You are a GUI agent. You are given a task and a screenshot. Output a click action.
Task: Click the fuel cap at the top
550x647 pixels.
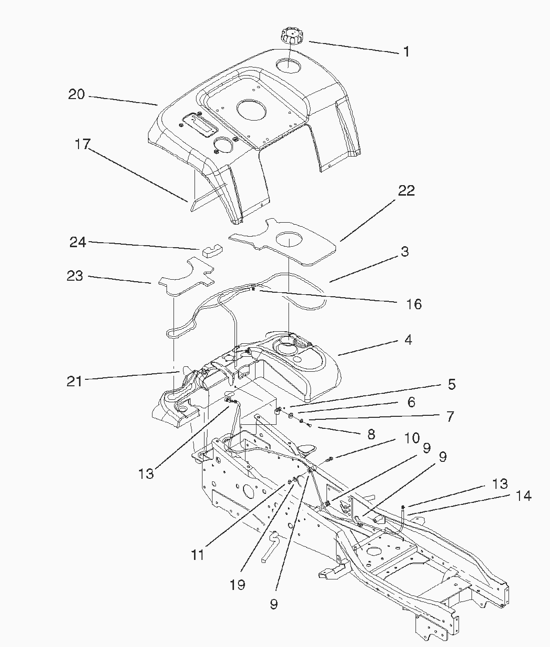(290, 38)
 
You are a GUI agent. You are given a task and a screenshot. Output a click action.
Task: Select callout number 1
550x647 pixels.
(406, 52)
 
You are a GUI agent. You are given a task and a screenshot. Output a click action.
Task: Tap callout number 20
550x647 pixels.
(76, 94)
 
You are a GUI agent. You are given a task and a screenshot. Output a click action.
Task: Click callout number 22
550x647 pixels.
(406, 191)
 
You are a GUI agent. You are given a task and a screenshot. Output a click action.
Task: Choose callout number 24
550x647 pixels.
(78, 242)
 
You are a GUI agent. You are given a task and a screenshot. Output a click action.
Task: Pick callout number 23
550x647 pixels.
(75, 276)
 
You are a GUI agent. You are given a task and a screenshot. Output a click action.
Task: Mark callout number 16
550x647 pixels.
(414, 304)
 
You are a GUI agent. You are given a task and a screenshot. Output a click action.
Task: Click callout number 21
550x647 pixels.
(74, 381)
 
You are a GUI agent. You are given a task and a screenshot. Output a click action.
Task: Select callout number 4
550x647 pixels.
(408, 340)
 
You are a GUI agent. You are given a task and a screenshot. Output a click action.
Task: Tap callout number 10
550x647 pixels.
(412, 438)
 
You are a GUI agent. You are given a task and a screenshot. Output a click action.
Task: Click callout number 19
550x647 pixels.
(238, 584)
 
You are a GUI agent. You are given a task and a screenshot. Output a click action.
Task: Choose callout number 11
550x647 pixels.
(197, 554)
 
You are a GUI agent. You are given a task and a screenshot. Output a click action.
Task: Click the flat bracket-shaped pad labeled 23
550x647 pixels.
(186, 277)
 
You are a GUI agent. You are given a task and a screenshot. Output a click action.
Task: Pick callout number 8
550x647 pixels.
(371, 434)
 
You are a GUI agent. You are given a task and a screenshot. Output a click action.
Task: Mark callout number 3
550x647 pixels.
(404, 252)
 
